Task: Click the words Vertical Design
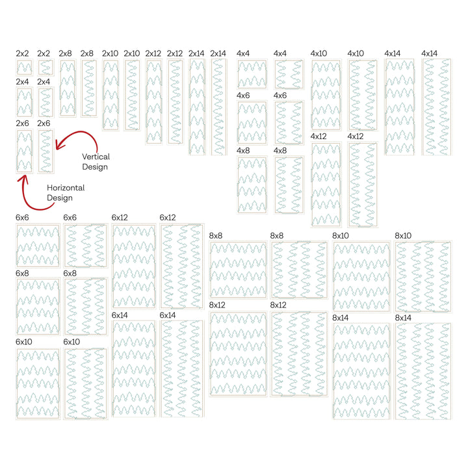pos(96,162)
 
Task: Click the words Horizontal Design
pos(66,193)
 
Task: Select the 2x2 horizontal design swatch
pos(24,68)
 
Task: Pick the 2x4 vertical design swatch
pos(46,103)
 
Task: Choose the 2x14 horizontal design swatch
pos(197,107)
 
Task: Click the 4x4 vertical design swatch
pos(289,74)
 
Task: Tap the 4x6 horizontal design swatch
pos(252,123)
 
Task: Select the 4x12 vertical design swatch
pos(363,185)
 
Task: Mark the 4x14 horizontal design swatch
pos(400,107)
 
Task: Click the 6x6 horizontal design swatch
pos(38,246)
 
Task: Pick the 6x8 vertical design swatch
pos(85,307)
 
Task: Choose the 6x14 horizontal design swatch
pos(134,369)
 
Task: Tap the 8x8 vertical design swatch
pos(299,270)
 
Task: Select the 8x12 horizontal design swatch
pos(238,354)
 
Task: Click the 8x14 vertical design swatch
pos(423,371)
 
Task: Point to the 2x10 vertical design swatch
pos(132,95)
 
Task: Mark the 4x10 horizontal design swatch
pos(326,95)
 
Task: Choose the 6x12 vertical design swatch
pos(182,266)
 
